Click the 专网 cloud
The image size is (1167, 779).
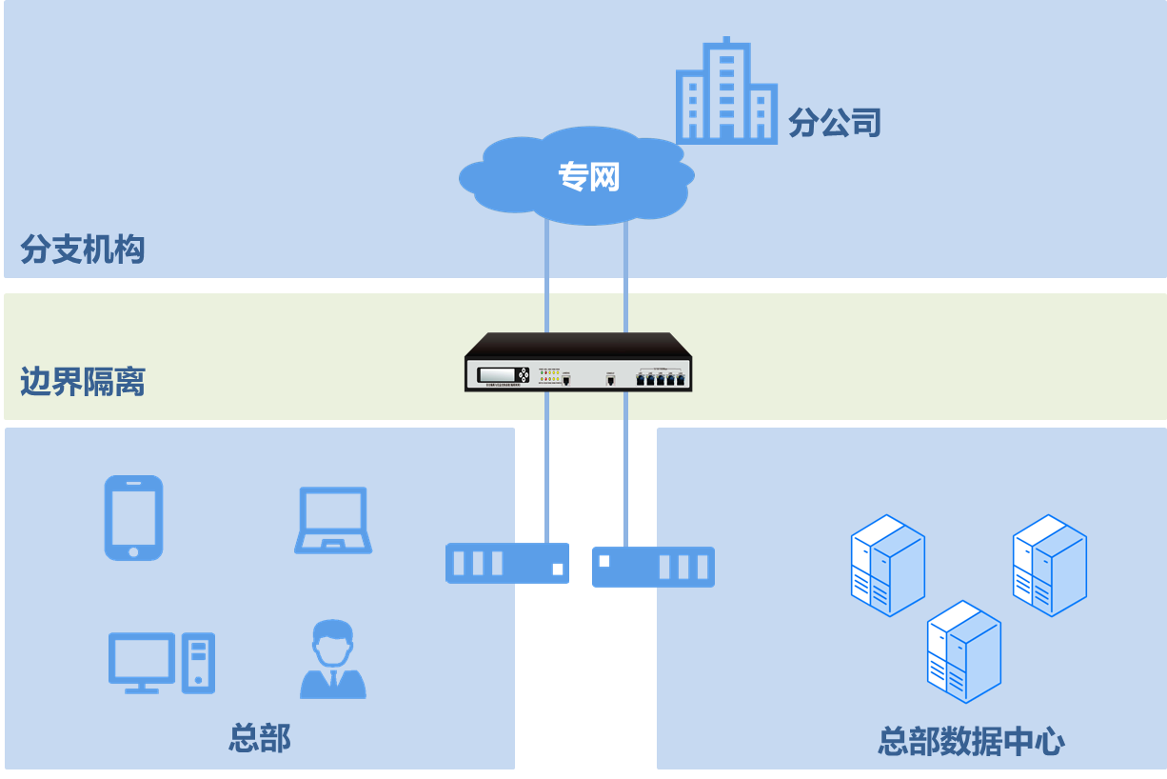[x=578, y=176]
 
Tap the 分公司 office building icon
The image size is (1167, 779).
[x=725, y=92]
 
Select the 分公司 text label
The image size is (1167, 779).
[x=834, y=123]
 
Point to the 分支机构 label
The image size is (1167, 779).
[x=83, y=250]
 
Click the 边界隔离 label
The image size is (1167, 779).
[x=83, y=382]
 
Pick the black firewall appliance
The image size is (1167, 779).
[x=578, y=363]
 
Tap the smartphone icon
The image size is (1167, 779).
[x=133, y=517]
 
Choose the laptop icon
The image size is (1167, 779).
[x=333, y=520]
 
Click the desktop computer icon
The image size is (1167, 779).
[x=161, y=663]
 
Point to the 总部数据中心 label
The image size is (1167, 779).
[x=971, y=741]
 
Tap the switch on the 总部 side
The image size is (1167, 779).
[x=507, y=563]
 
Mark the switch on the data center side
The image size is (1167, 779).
[x=653, y=567]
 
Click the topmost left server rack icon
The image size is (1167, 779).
[x=887, y=565]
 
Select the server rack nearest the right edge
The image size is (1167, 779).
[x=1049, y=565]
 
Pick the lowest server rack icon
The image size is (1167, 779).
[x=963, y=651]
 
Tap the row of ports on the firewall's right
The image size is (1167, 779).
[x=661, y=378]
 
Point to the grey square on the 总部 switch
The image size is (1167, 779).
[x=558, y=569]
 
